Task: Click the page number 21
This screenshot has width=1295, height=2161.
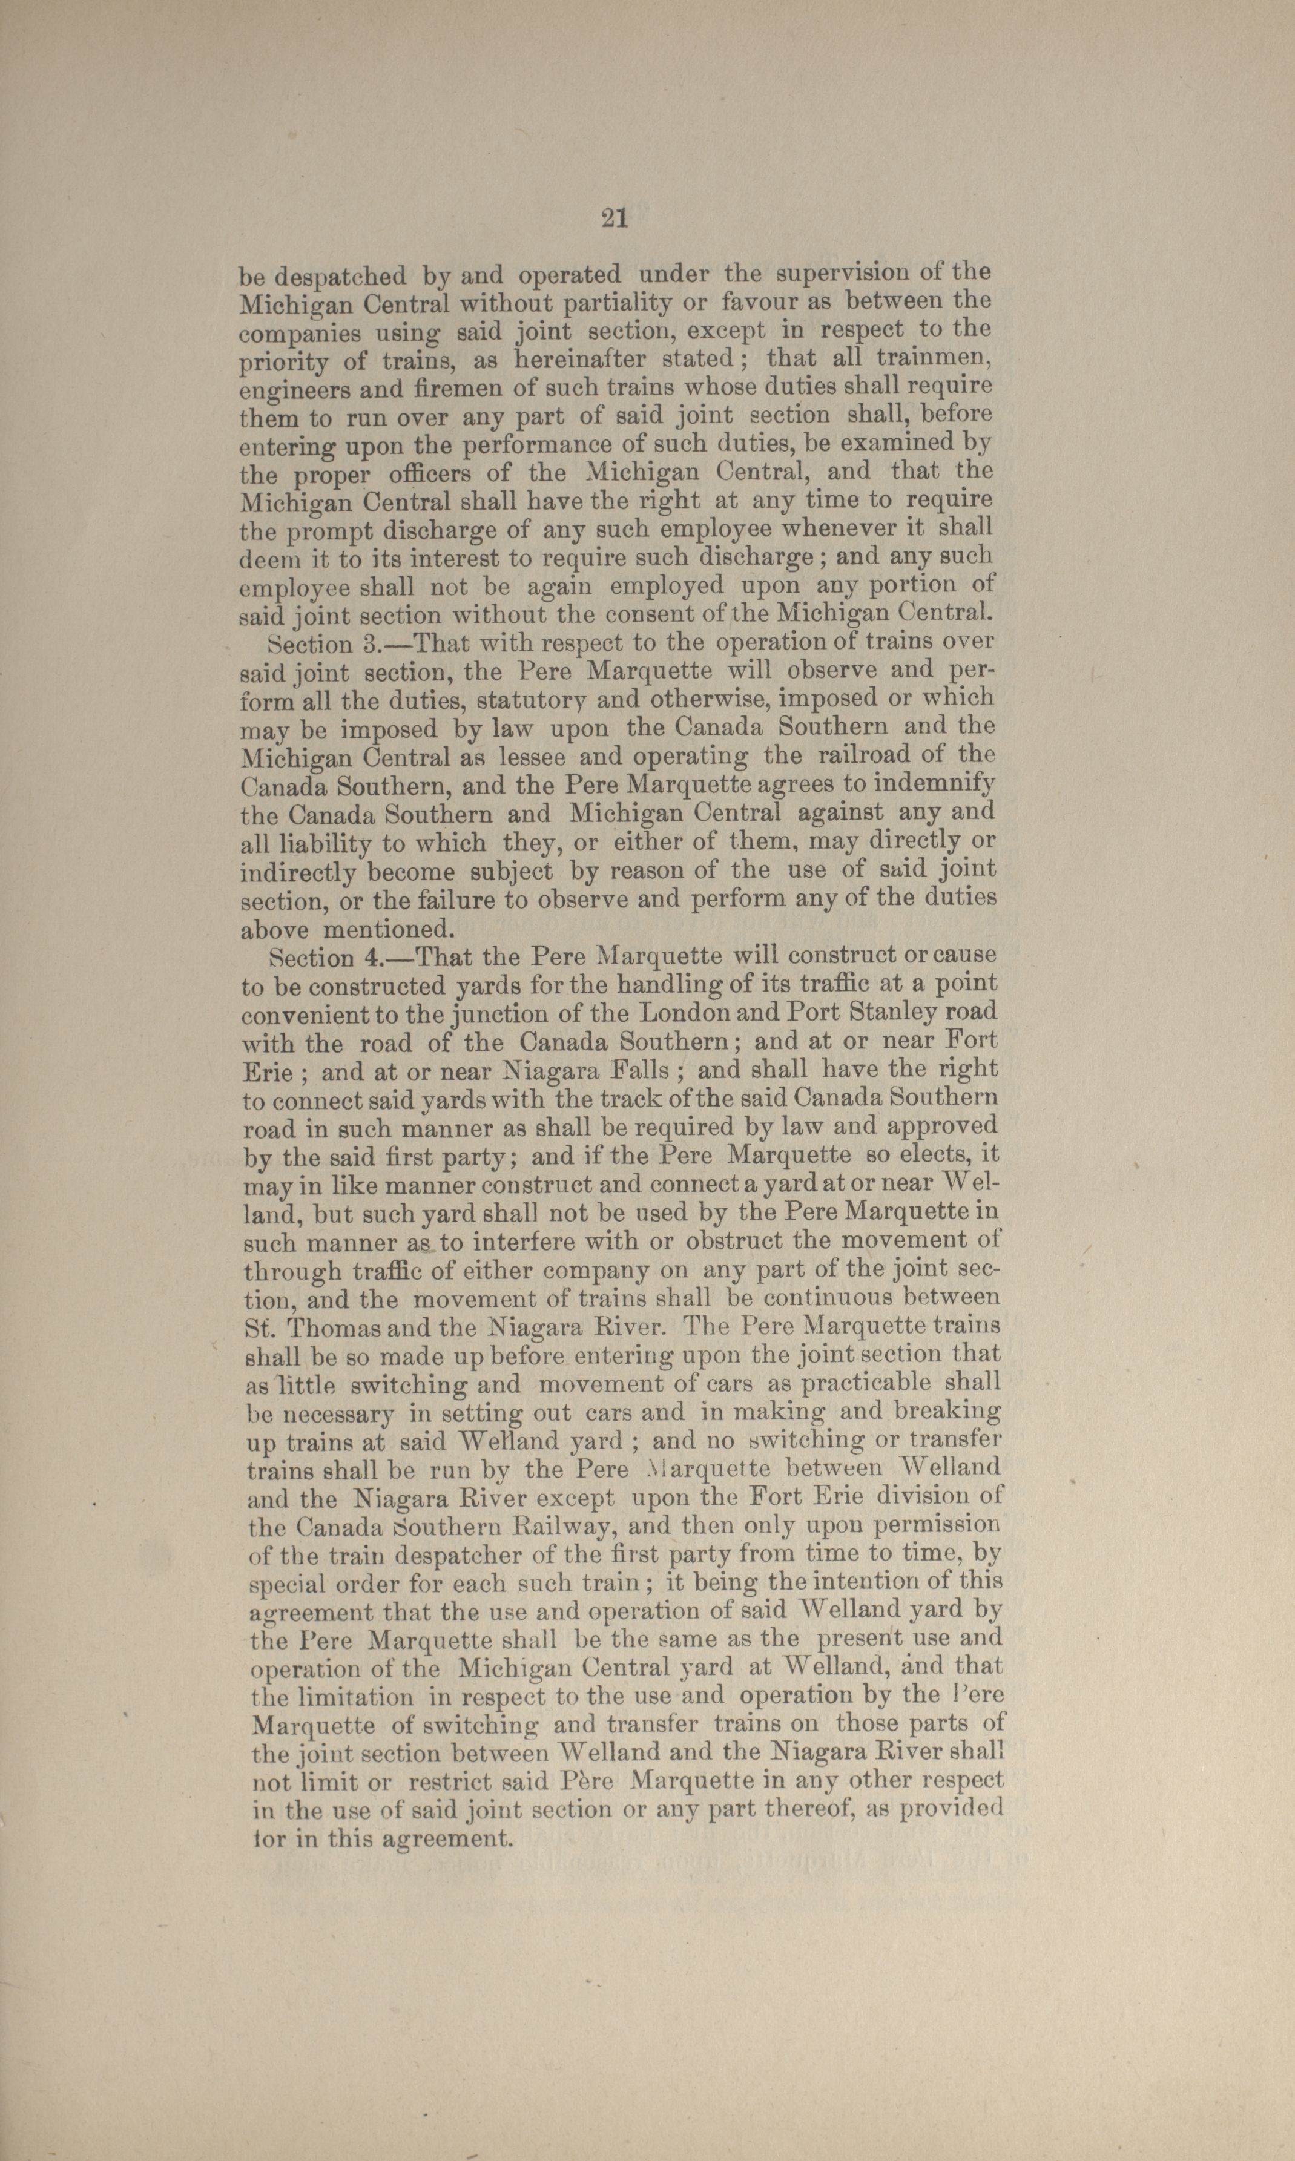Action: [x=615, y=218]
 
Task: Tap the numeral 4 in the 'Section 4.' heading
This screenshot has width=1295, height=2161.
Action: [x=372, y=959]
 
